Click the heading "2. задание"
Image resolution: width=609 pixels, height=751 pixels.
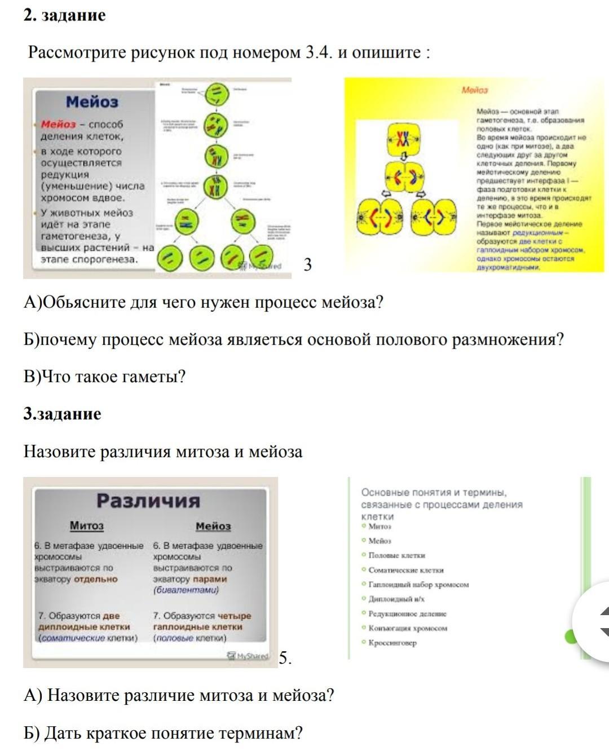64,15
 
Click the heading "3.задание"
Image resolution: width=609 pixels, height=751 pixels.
62,414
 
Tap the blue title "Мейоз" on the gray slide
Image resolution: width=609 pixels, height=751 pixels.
92,102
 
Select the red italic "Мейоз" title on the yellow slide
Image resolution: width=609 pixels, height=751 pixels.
475,90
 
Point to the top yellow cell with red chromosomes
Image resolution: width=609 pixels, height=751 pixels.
402,139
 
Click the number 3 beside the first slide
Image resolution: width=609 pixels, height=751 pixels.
307,264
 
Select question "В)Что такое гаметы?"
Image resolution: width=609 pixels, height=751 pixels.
104,377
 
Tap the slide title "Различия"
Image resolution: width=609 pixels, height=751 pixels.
148,501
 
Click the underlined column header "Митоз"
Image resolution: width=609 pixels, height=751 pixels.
86,525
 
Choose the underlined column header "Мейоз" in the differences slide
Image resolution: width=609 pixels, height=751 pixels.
213,526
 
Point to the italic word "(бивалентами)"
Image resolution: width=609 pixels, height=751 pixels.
186,590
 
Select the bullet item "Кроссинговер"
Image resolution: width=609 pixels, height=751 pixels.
392,643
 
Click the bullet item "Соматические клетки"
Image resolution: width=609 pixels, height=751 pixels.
406,570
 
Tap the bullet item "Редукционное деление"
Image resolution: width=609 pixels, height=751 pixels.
407,613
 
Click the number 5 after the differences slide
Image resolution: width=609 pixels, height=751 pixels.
285,658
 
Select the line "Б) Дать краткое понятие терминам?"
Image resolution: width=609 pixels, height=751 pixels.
163,733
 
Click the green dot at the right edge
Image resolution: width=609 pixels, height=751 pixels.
571,637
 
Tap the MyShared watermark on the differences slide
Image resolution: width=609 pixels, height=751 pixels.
248,656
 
